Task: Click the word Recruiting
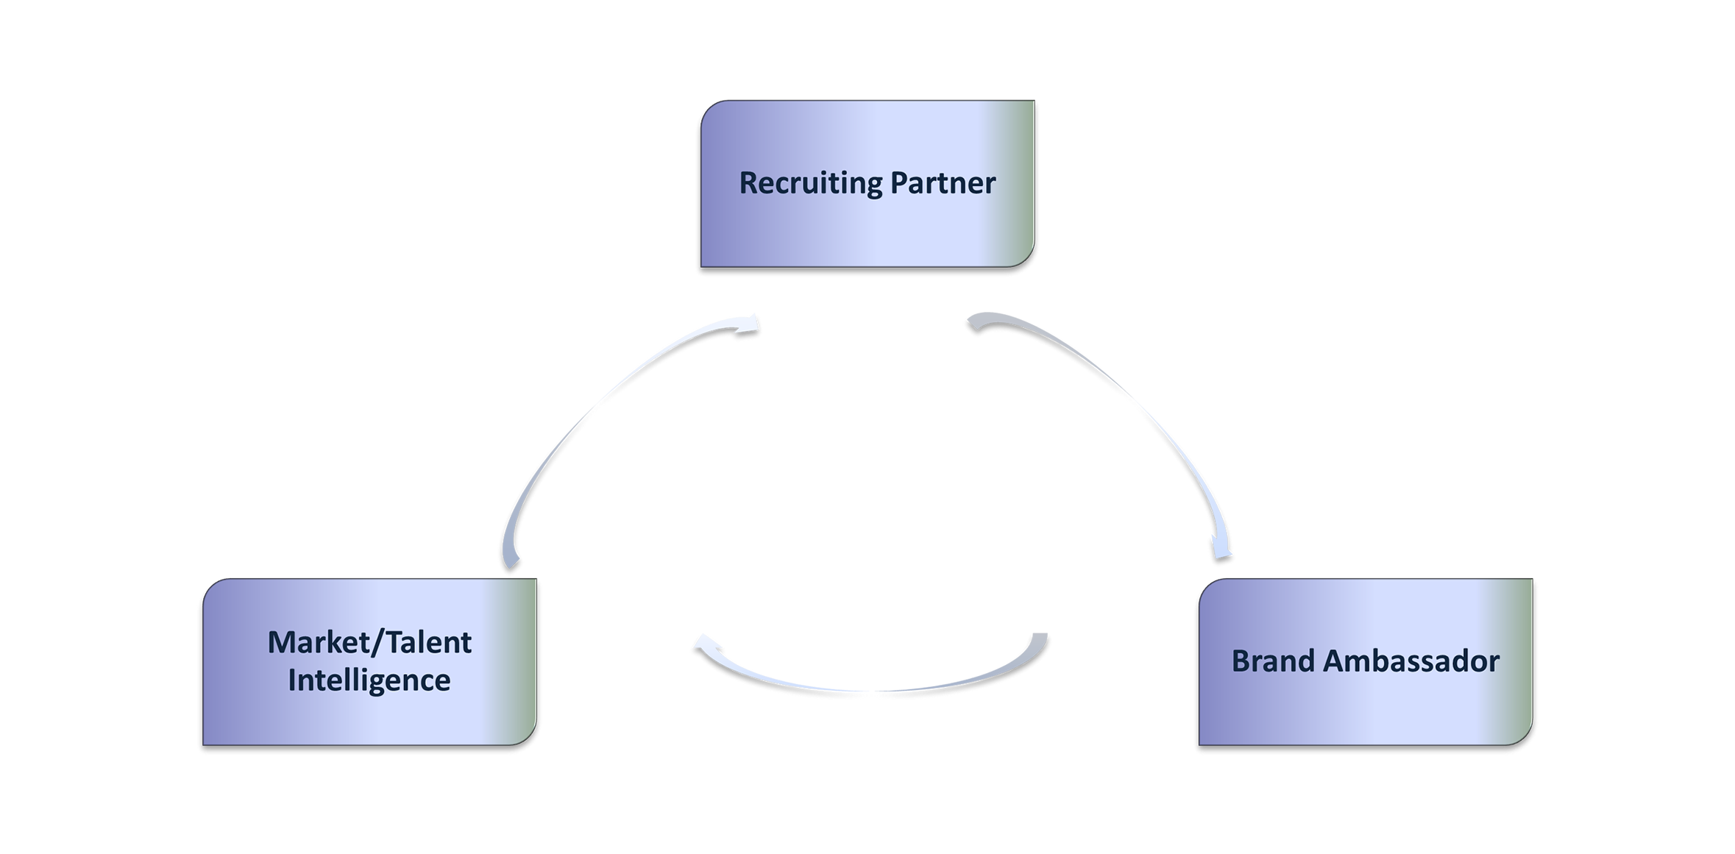[x=810, y=183]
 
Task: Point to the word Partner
[x=943, y=183]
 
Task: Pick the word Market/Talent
[x=369, y=642]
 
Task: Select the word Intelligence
[x=369, y=680]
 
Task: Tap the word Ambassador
[x=1411, y=661]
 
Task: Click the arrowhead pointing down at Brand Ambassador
[x=1221, y=553]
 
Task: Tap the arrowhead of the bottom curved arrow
[x=703, y=644]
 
